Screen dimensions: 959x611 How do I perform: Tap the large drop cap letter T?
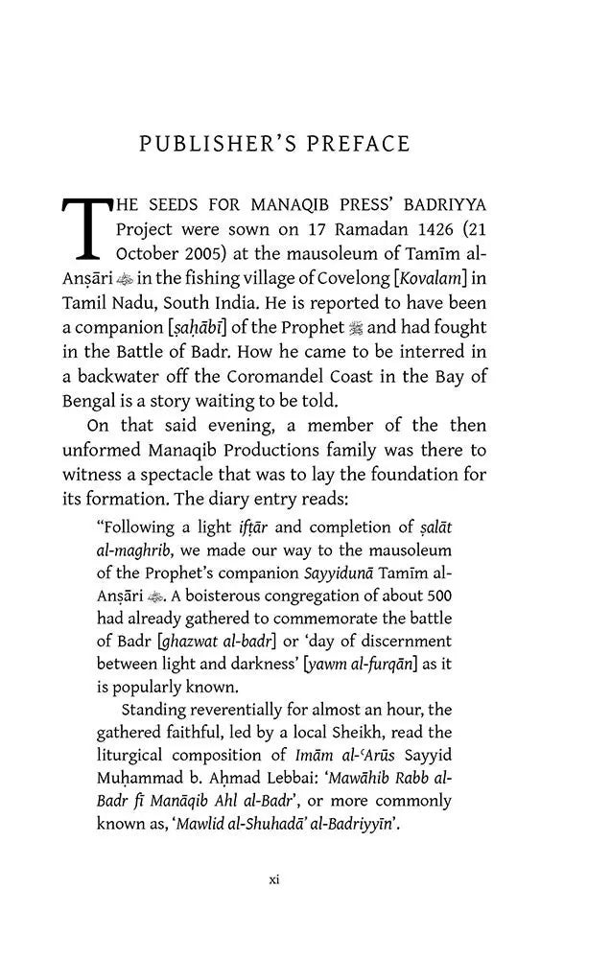point(87,229)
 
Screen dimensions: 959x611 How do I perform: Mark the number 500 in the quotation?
point(436,595)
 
